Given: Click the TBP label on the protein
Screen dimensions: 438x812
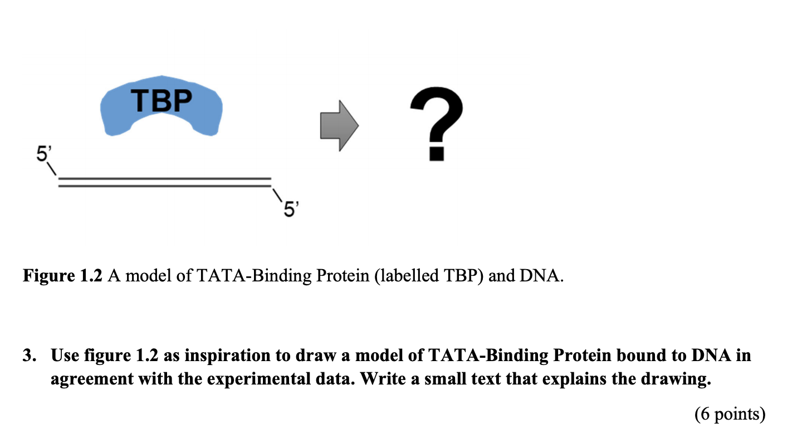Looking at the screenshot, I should pyautogui.click(x=162, y=101).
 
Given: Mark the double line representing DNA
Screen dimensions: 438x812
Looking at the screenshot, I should pyautogui.click(x=164, y=182).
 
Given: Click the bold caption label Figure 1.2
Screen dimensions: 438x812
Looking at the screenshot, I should pyautogui.click(x=62, y=275).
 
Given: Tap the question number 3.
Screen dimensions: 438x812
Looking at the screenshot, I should pyautogui.click(x=28, y=356).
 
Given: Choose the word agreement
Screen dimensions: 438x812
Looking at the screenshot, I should pyautogui.click(x=89, y=379).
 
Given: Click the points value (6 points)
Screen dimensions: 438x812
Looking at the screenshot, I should pyautogui.click(x=730, y=414).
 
